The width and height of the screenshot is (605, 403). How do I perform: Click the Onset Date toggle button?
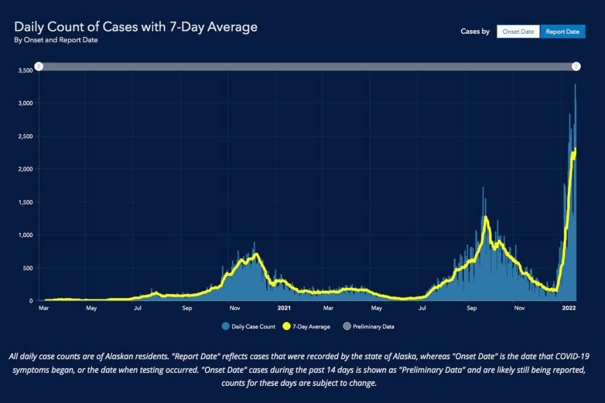(518, 31)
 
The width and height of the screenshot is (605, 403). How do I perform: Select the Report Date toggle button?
(562, 31)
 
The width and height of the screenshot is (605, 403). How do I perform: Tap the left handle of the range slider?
(39, 67)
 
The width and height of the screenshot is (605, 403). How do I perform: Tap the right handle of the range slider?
(576, 67)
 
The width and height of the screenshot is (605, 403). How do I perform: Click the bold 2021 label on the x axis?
(284, 308)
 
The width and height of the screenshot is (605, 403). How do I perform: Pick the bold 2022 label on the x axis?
(569, 308)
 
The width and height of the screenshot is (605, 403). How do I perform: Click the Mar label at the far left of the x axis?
(43, 308)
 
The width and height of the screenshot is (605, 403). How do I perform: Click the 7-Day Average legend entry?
(307, 326)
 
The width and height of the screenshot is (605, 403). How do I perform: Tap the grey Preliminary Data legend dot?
(347, 326)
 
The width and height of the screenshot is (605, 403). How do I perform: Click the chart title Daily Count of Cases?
(135, 27)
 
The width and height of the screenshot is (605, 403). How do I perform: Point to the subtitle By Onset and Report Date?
(56, 40)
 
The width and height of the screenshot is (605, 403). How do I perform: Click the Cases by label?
(475, 31)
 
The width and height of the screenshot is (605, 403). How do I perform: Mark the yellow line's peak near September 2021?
(486, 217)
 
